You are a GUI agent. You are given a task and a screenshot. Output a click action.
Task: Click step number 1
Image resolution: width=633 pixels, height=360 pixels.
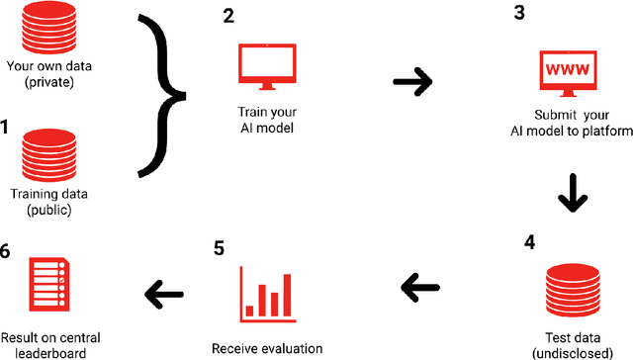(x=7, y=127)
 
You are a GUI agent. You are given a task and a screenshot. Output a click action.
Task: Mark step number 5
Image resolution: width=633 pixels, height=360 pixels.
(x=218, y=247)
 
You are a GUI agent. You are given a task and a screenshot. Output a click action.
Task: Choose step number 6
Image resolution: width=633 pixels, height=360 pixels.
(x=7, y=251)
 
